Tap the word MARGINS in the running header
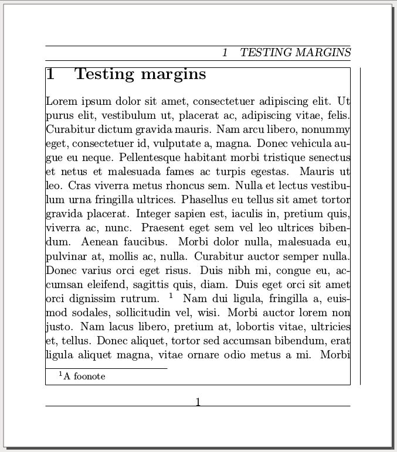click(x=323, y=53)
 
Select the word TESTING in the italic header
click(x=265, y=53)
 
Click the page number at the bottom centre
click(x=198, y=402)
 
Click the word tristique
click(x=280, y=158)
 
